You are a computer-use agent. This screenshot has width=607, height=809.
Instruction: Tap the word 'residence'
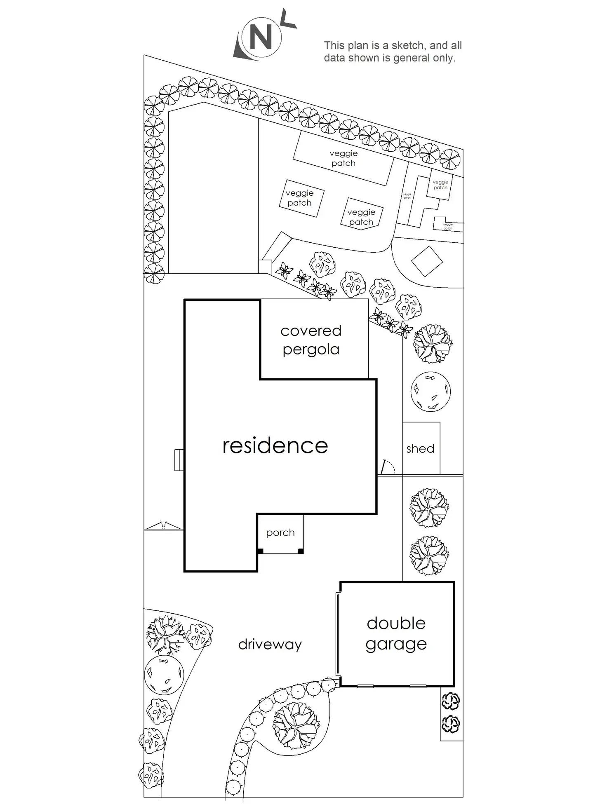(275, 446)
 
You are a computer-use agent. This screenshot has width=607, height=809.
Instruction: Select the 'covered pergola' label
(311, 340)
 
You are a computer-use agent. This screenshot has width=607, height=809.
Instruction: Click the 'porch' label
(280, 532)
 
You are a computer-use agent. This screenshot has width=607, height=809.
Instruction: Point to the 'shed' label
(420, 448)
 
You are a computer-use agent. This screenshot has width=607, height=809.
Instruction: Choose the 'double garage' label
(396, 633)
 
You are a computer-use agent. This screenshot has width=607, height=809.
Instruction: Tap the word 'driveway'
(270, 644)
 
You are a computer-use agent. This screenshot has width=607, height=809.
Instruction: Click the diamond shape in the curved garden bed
(427, 261)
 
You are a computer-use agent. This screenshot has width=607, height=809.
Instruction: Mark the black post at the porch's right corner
(301, 551)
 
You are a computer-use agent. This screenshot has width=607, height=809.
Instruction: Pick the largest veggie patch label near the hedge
(343, 158)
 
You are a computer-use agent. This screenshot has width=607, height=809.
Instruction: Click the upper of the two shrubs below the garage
(451, 701)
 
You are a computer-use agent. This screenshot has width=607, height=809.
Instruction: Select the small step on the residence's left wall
(179, 460)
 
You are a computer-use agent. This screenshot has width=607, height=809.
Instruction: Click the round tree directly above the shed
(431, 392)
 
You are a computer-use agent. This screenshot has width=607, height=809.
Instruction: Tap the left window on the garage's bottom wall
(365, 686)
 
